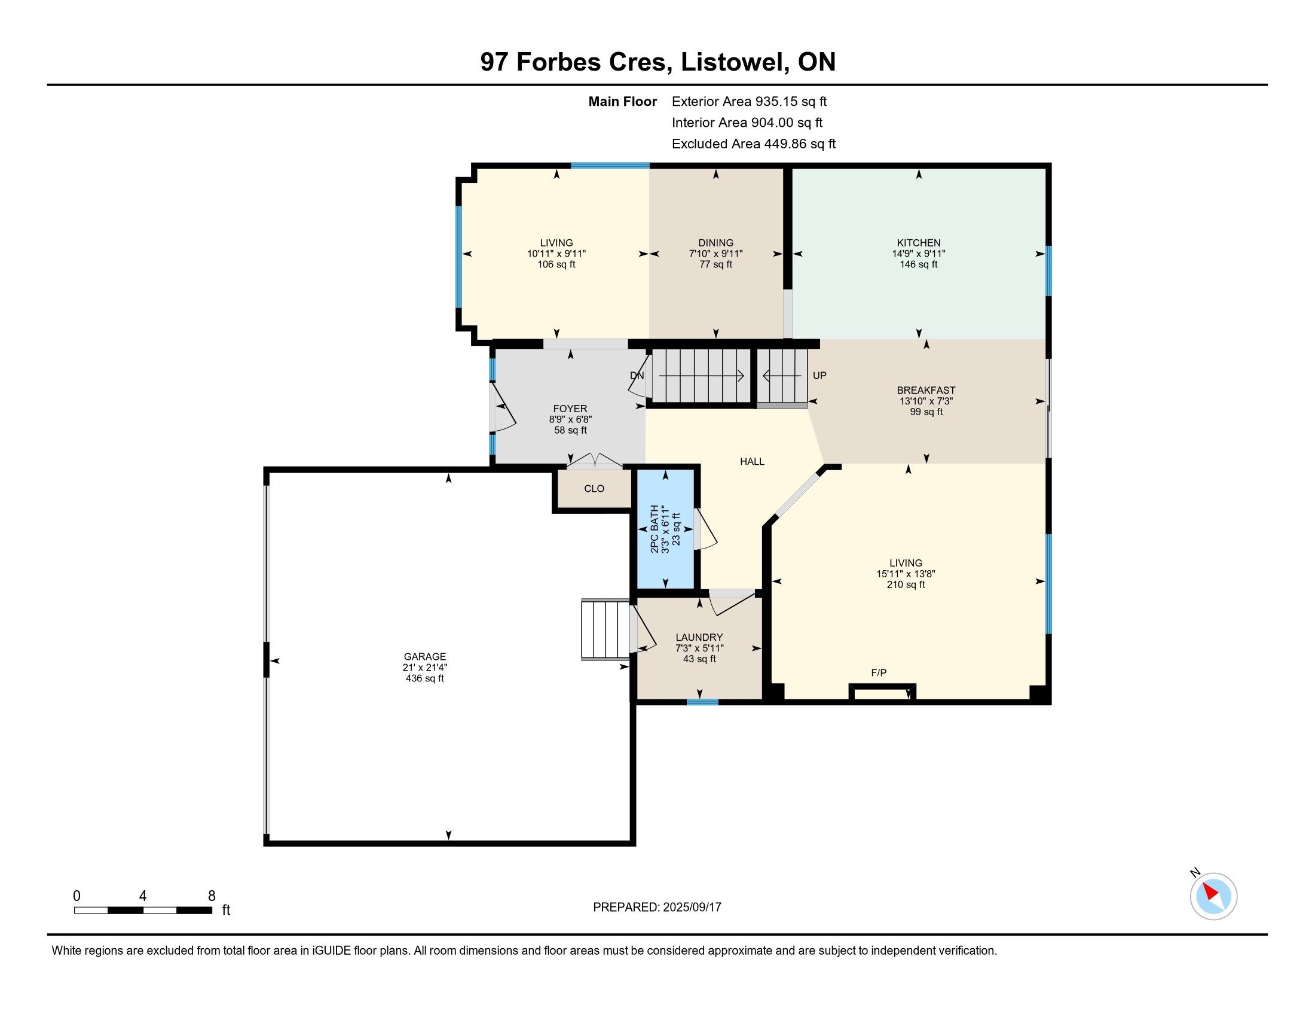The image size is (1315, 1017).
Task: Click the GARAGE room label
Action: coord(425,657)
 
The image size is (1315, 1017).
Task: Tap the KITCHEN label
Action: coord(918,243)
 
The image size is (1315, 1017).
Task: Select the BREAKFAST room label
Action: coord(926,391)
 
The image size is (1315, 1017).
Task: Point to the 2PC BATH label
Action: coord(655,529)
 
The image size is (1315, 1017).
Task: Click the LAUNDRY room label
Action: coord(699,638)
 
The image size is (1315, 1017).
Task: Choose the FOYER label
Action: coord(570,409)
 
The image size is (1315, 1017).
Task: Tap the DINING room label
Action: coord(716,243)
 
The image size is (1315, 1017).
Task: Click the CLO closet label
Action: coord(594,489)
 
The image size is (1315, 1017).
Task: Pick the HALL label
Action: coord(752,461)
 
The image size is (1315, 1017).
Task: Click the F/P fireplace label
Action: coord(879,672)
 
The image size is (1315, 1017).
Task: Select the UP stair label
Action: coord(819,375)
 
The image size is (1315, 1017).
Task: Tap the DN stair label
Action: coord(637,375)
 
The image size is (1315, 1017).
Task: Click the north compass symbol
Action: coord(1213,896)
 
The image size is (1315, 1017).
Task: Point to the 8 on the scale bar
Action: coord(212,896)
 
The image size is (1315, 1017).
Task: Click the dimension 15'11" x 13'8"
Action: coord(906,574)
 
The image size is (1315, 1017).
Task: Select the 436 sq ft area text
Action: coord(425,678)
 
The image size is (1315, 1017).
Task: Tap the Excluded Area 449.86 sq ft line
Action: coord(754,144)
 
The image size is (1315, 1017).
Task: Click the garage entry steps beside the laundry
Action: coord(605,629)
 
